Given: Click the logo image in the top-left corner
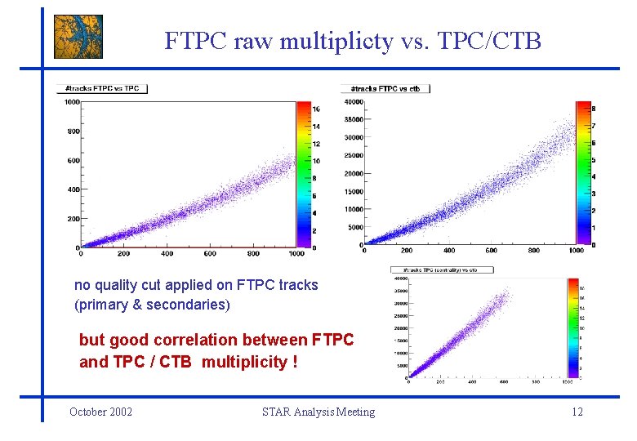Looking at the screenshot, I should (x=78, y=37).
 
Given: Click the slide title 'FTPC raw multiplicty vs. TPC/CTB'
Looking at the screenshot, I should (x=352, y=41).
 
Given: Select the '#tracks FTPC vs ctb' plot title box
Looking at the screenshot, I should (x=385, y=88).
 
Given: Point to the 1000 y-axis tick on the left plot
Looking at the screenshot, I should (x=71, y=102).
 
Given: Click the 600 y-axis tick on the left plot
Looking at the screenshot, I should (x=73, y=160).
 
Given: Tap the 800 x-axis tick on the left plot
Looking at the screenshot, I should (x=253, y=253).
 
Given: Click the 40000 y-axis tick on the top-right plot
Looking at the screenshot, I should (x=353, y=102).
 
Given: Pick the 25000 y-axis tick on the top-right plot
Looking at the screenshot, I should (x=353, y=155).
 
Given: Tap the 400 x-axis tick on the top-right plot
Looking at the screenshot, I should (x=449, y=250).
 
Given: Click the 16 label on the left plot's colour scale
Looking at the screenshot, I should (x=315, y=109).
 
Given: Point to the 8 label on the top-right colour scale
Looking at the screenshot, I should (x=594, y=108).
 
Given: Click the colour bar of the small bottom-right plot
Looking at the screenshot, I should (x=572, y=327).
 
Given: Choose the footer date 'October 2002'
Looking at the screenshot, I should (x=101, y=412).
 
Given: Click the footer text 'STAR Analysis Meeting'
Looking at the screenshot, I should (x=318, y=412).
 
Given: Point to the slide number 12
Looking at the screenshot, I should (x=577, y=412).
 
